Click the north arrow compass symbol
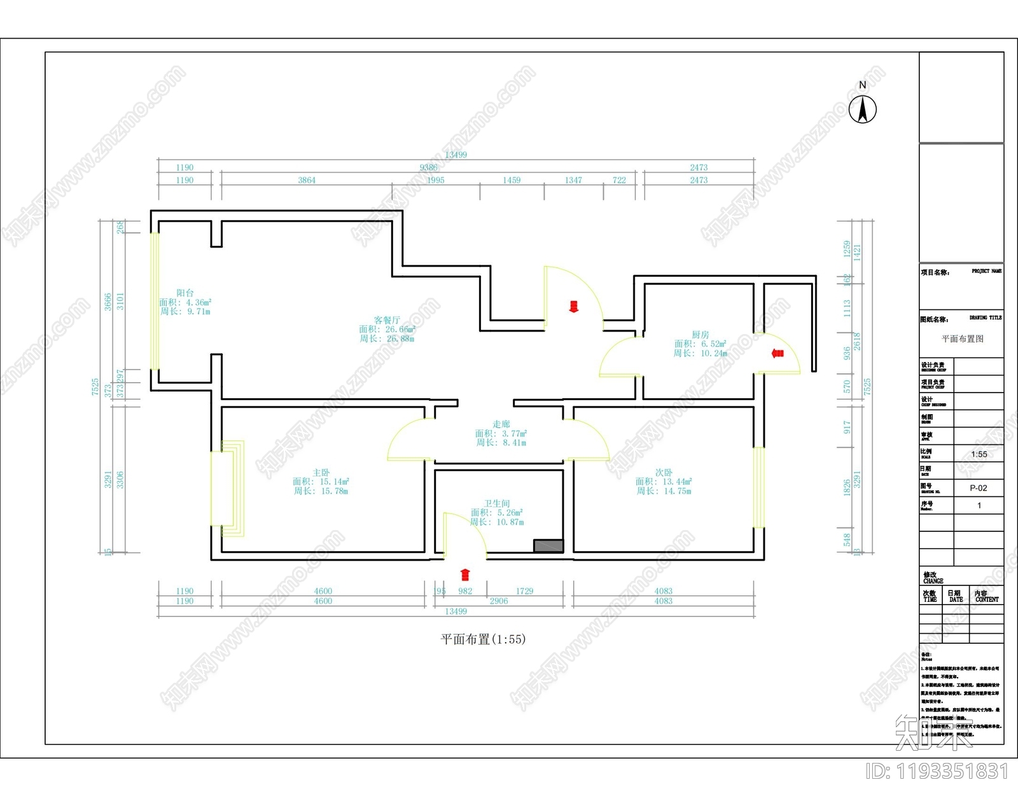coord(863,109)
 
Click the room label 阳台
coord(185,293)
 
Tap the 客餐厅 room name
coord(387,320)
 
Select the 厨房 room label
coord(700,335)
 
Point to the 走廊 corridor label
coord(501,424)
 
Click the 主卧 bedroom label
coord(321,473)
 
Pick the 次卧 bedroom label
coord(663,473)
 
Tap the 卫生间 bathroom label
coord(496,503)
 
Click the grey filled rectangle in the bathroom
coord(548,546)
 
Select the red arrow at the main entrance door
coord(573,307)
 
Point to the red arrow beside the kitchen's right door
coord(777,353)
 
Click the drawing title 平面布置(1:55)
coord(483,639)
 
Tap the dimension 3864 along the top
coord(307,180)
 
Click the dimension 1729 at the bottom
coord(524,591)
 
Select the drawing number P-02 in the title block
coord(978,488)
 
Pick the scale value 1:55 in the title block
coord(979,454)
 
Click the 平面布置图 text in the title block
coord(962,339)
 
